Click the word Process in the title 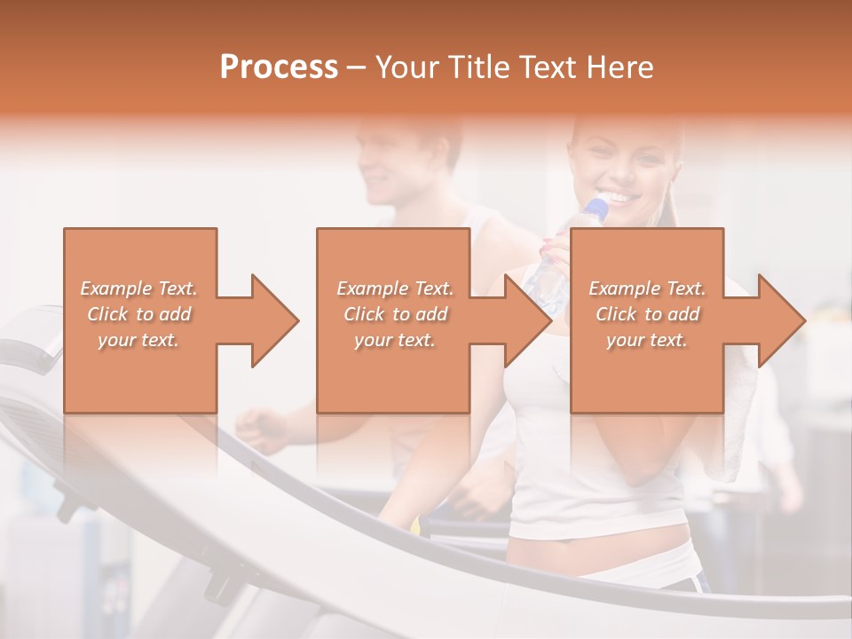click(279, 67)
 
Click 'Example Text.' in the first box click(138, 288)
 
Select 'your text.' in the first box click(138, 340)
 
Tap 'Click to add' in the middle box click(395, 314)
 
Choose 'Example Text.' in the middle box click(395, 288)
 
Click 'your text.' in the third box click(647, 340)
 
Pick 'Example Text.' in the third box click(647, 288)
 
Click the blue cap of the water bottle click(597, 209)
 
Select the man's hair click(413, 133)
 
